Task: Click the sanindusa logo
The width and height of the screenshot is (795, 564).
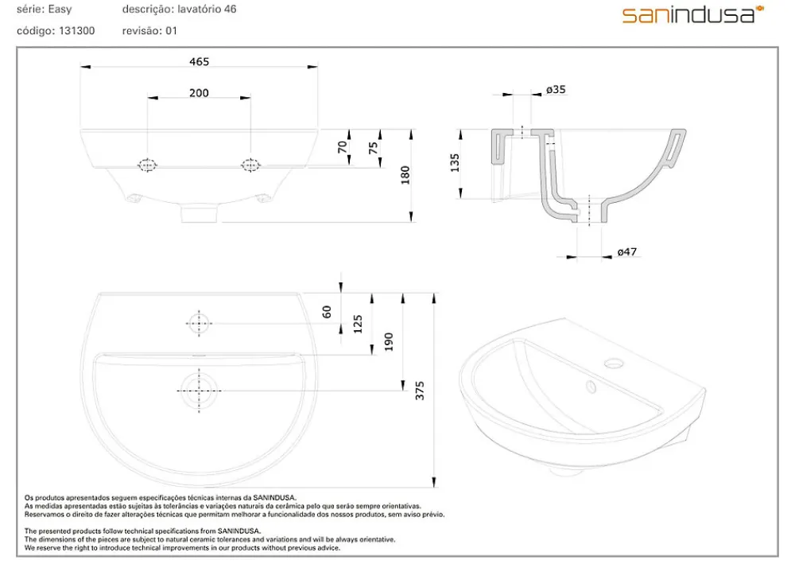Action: [x=693, y=14]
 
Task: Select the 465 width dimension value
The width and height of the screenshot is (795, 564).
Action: [x=200, y=61]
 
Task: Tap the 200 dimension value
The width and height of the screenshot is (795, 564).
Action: [x=199, y=93]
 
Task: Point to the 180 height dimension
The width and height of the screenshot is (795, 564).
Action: [x=405, y=175]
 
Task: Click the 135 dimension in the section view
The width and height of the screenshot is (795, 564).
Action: [x=455, y=163]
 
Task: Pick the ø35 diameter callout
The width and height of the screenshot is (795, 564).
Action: [x=556, y=90]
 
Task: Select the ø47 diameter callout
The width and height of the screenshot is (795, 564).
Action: [x=627, y=251]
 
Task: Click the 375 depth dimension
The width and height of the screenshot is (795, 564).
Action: [x=420, y=391]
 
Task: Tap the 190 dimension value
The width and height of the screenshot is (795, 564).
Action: [x=389, y=342]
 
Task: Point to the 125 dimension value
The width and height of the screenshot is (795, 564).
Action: [x=358, y=324]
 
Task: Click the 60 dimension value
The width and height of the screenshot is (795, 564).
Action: [x=327, y=311]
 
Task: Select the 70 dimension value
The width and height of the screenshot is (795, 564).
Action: [x=343, y=147]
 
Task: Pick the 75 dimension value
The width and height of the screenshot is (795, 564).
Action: [x=374, y=148]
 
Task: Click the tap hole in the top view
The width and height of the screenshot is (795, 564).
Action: [x=199, y=323]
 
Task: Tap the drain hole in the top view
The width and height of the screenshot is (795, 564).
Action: [x=199, y=391]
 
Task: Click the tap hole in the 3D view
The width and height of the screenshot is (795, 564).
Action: [x=615, y=364]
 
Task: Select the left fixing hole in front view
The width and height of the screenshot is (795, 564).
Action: [x=147, y=165]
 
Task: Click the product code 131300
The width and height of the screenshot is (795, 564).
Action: [x=76, y=31]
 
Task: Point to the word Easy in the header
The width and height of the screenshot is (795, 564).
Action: [x=60, y=10]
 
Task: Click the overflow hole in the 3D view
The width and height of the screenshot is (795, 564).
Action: [x=591, y=387]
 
